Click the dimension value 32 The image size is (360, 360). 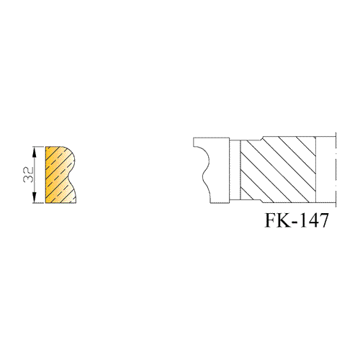point(28,174)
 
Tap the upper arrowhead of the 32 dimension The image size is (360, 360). point(35,152)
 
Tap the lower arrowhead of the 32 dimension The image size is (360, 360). point(35,197)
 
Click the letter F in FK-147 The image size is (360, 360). point(271,220)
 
